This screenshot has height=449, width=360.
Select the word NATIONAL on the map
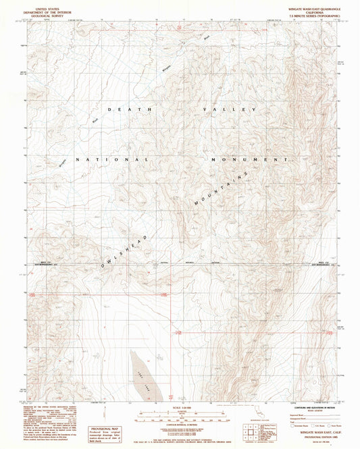click(x=111, y=159)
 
